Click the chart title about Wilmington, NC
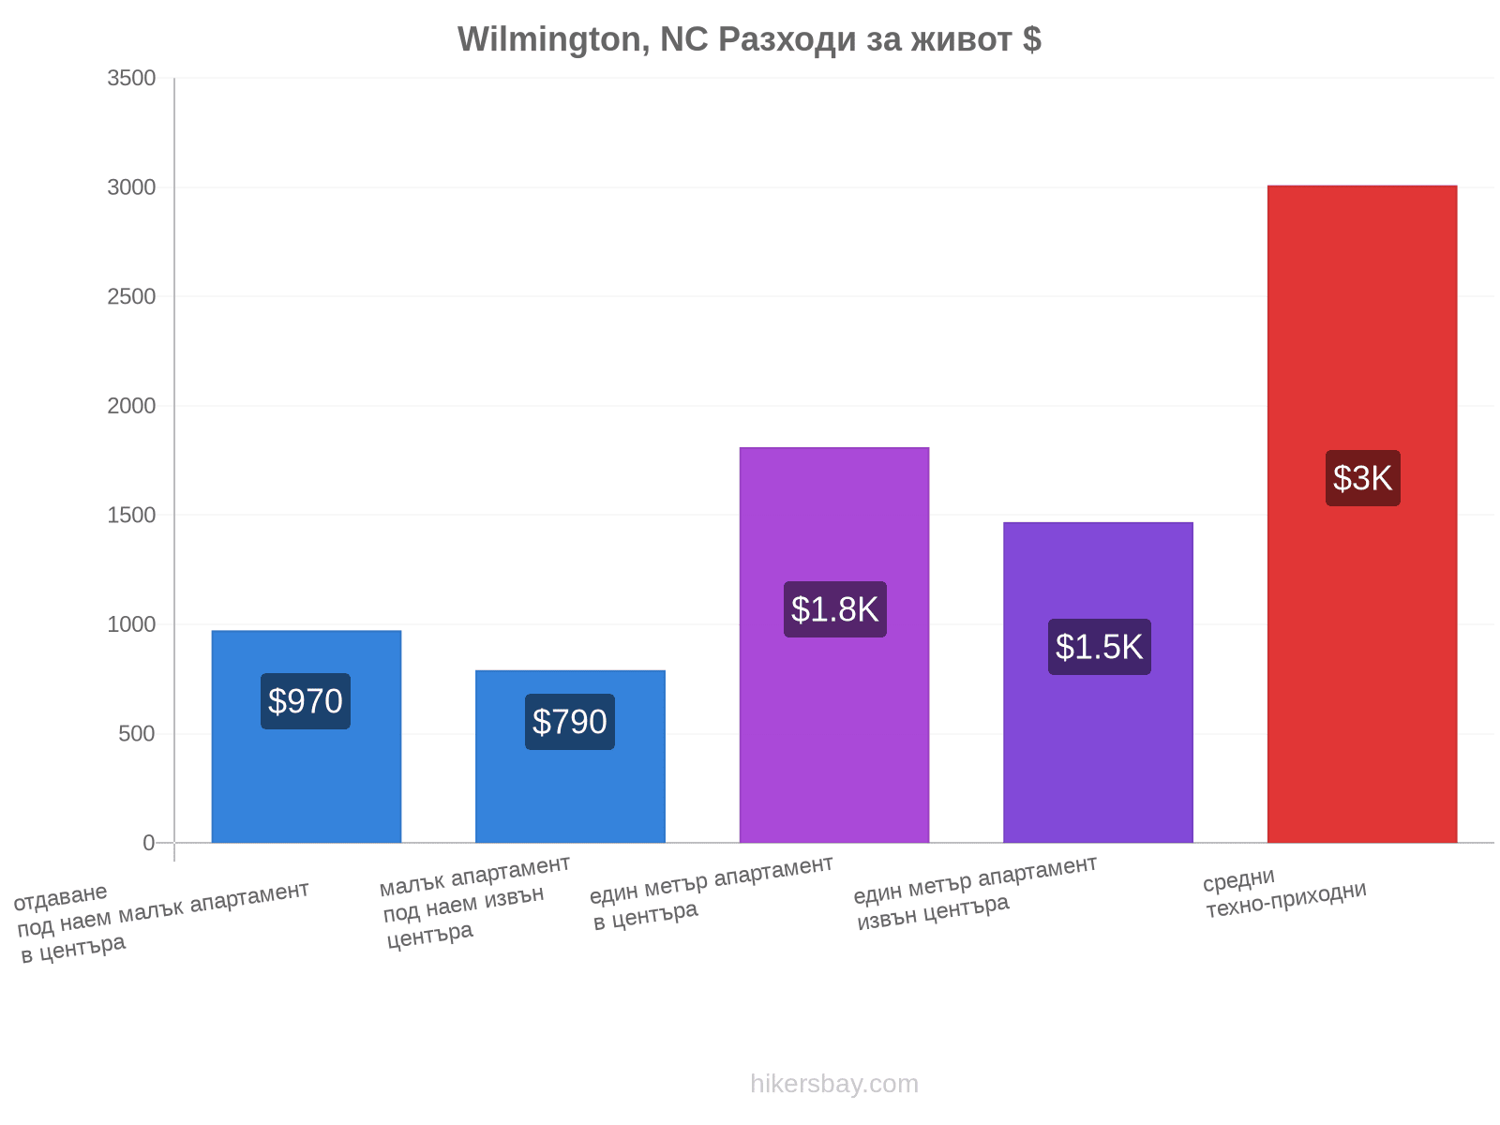point(749,39)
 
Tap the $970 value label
point(306,701)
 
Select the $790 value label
point(570,722)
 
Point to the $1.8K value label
point(835,609)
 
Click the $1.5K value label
point(1100,647)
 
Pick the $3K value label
point(1362,478)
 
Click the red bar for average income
point(1362,514)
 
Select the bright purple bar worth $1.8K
point(834,645)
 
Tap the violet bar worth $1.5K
point(1098,682)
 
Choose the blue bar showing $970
point(307,736)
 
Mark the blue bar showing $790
point(570,757)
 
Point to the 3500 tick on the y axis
point(131,78)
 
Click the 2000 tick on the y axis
point(131,406)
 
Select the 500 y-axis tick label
point(138,734)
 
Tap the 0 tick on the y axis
point(149,843)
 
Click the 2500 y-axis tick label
point(131,296)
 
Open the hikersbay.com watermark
point(834,1084)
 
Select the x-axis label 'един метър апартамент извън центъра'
point(976,893)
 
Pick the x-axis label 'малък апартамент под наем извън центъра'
point(475,903)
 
